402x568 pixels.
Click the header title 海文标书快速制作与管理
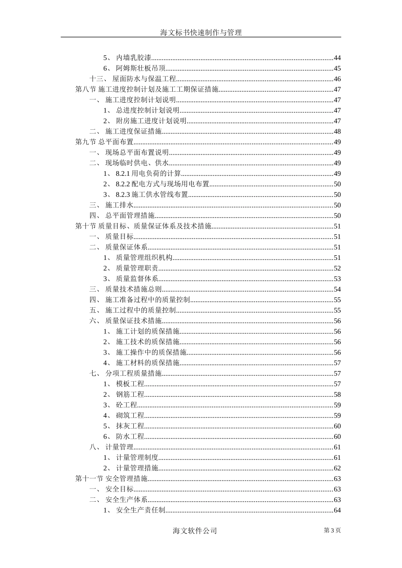coord(201,33)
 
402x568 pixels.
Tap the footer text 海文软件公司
coord(195,531)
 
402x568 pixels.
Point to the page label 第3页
coord(332,530)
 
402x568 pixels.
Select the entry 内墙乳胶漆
coord(134,58)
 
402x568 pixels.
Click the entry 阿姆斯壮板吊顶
coord(140,68)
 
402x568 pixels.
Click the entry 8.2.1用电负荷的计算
coord(148,174)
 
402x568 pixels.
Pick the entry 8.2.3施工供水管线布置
coord(151,195)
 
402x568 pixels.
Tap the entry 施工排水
coord(119,205)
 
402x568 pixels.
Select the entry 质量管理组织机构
coord(144,258)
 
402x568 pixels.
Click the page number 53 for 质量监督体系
coord(337,279)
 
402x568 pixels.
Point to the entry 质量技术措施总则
coord(133,289)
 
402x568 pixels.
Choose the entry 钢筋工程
coord(130,395)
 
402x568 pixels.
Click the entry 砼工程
coord(127,405)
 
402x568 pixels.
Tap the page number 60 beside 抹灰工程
coord(337,426)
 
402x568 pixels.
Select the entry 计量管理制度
coord(137,458)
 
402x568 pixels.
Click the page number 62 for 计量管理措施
coord(337,468)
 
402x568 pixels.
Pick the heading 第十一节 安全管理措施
coord(111,479)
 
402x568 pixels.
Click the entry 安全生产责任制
coord(140,511)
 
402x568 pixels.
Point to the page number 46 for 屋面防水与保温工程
coord(337,79)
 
